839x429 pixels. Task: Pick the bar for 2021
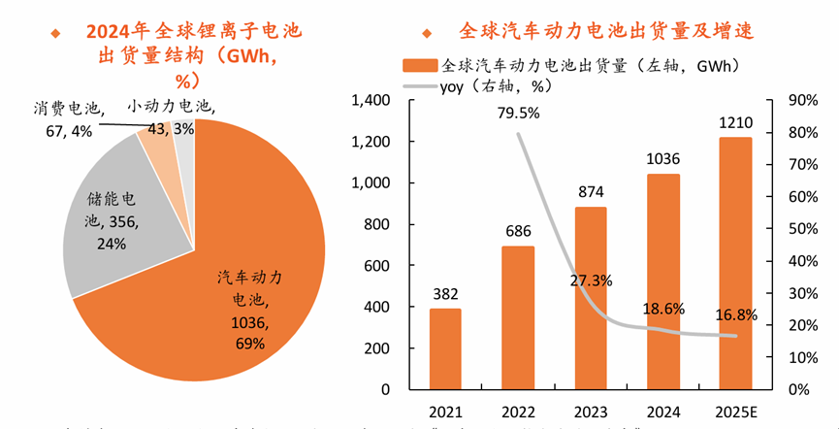445,348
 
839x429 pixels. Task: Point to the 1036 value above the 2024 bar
663,159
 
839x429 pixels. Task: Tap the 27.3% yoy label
591,280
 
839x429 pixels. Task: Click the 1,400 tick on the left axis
371,100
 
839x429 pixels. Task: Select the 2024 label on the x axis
663,411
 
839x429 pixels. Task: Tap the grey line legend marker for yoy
420,86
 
